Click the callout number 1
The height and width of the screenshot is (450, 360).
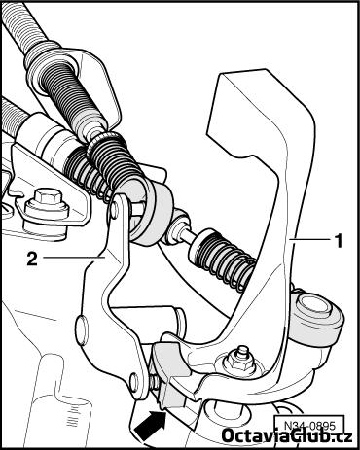click(339, 241)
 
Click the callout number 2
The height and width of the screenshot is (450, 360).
click(32, 259)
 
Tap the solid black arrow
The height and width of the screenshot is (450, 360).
click(150, 426)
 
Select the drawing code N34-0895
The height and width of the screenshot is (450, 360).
click(309, 425)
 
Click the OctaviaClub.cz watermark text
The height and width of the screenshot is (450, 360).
click(287, 435)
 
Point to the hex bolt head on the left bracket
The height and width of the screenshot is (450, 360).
click(47, 198)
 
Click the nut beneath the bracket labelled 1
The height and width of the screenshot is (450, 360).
click(240, 362)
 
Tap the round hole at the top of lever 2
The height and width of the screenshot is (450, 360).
click(114, 206)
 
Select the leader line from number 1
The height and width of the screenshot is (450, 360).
click(309, 239)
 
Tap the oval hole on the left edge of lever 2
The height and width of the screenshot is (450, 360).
click(81, 329)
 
